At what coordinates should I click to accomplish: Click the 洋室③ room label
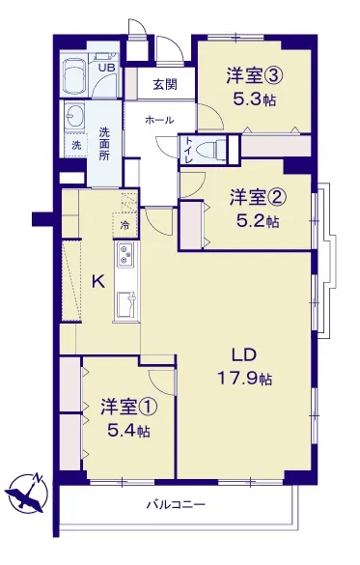(254, 76)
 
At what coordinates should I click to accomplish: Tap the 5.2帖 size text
(257, 221)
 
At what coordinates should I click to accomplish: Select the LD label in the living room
(244, 355)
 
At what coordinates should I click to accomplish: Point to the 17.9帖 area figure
(244, 379)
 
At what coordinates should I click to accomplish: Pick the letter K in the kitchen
(98, 281)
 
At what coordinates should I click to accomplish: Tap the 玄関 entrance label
(166, 85)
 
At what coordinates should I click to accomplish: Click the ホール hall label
(159, 120)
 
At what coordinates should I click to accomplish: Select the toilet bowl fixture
(212, 149)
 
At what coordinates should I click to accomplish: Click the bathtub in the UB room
(74, 76)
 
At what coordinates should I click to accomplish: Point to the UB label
(107, 68)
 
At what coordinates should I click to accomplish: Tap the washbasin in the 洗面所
(74, 116)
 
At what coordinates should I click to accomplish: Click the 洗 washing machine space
(76, 145)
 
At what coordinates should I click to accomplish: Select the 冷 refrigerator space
(125, 226)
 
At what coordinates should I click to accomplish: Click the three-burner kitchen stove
(126, 254)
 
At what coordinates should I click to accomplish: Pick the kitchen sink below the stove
(126, 304)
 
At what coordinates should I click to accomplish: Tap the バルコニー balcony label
(176, 504)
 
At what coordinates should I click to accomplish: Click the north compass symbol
(26, 493)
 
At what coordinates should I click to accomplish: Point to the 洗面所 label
(105, 144)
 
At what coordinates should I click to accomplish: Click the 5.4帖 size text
(128, 430)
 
